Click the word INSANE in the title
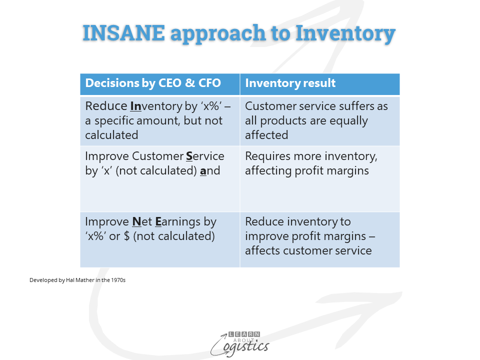click(x=124, y=32)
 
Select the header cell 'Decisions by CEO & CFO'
click(x=160, y=84)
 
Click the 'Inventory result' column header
click(x=320, y=84)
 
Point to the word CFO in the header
click(x=209, y=83)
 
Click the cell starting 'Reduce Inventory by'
click(x=160, y=120)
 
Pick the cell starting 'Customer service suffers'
click(x=320, y=120)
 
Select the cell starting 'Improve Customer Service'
click(x=160, y=179)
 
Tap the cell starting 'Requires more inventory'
click(x=320, y=179)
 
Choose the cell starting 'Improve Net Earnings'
click(x=160, y=239)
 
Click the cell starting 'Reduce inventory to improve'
click(x=320, y=239)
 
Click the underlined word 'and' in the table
click(x=210, y=171)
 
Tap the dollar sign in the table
click(x=126, y=236)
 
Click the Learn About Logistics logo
click(x=240, y=344)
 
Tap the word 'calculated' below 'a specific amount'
click(x=111, y=135)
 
